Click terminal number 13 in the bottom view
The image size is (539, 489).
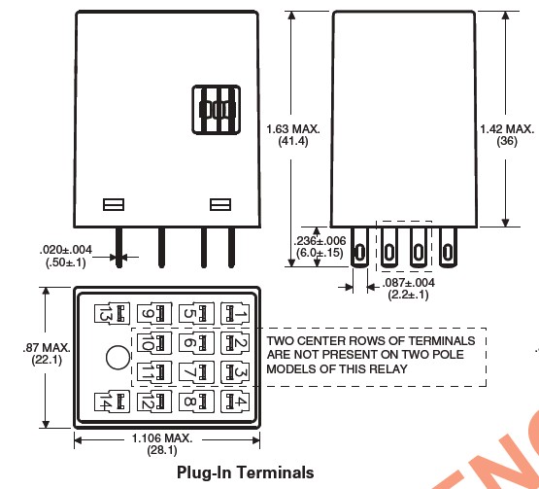click(112, 313)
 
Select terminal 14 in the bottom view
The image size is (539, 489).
click(112, 402)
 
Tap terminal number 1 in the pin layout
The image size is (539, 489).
click(235, 313)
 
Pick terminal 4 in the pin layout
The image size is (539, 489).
click(235, 402)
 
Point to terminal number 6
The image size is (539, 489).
click(196, 343)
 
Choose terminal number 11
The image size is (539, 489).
click(154, 372)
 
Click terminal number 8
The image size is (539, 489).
click(196, 402)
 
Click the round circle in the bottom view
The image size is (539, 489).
click(118, 358)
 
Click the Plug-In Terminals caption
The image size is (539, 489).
click(245, 472)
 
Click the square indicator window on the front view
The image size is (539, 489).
click(217, 110)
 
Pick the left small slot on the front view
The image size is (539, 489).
click(114, 204)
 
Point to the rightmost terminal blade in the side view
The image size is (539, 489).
click(448, 247)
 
